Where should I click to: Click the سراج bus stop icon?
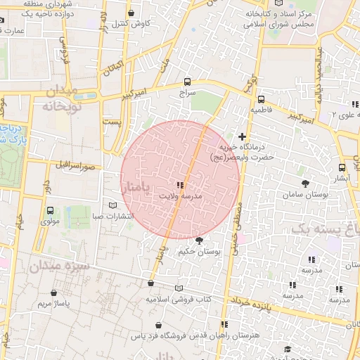(186, 81)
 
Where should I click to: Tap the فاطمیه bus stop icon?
(261, 99)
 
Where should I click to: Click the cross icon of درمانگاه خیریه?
(242, 136)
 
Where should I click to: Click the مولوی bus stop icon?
(49, 210)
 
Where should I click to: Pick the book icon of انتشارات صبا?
(113, 205)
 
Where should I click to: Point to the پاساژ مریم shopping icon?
(54, 292)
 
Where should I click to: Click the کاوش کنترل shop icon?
(131, 13)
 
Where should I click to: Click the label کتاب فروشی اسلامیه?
(179, 300)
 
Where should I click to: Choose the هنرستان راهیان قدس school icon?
(225, 324)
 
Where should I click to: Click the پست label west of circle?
(112, 122)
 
